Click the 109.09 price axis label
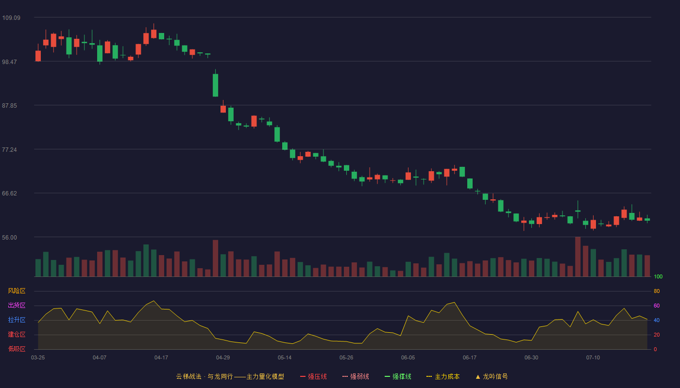click(x=11, y=18)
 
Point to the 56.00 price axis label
click(x=9, y=237)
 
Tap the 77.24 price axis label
click(x=9, y=150)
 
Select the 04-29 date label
click(x=223, y=358)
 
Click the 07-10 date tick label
click(x=593, y=358)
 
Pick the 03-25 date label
click(x=38, y=358)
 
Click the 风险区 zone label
click(x=17, y=291)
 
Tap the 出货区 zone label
click(x=17, y=305)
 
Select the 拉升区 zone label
click(x=17, y=320)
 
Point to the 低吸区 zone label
click(x=17, y=349)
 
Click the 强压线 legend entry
click(x=313, y=376)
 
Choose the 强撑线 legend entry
click(x=398, y=376)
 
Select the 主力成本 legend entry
click(x=443, y=376)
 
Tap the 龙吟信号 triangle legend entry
click(x=492, y=376)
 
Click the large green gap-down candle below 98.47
click(x=216, y=85)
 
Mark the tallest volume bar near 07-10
click(x=578, y=257)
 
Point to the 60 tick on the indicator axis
click(x=657, y=306)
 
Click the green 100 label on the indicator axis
click(x=658, y=276)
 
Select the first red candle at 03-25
click(x=38, y=56)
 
